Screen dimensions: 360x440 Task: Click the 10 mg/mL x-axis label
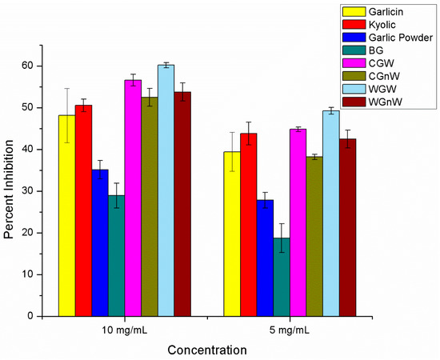[124, 330]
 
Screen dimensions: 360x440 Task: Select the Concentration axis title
[207, 350]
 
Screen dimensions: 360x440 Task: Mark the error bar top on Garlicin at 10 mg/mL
[67, 89]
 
